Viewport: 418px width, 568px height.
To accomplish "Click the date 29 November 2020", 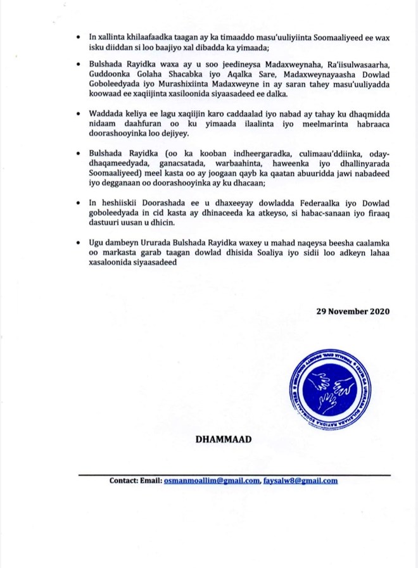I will point(353,312).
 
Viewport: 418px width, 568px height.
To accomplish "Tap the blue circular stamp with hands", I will point(323,386).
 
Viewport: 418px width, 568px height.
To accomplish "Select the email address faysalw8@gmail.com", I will point(300,481).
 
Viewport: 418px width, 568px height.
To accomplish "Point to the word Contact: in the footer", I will point(127,481).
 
